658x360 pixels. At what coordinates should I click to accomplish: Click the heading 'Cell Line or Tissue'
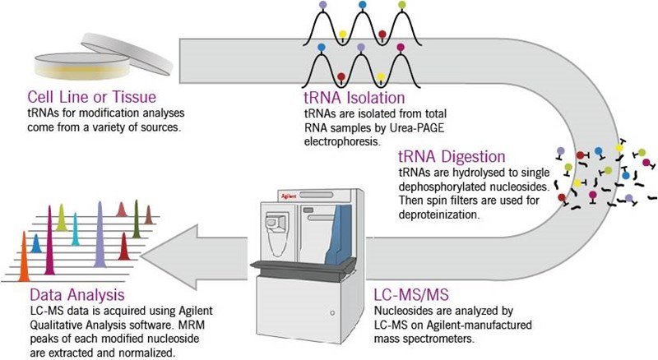[91, 97]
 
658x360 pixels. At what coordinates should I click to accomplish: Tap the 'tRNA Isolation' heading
[354, 98]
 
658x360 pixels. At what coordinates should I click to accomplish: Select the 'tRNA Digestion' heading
[452, 156]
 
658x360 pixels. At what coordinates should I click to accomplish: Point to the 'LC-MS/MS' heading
[411, 294]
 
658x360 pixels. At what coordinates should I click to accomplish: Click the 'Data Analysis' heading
[77, 294]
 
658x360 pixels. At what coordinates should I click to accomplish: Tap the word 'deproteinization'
[438, 214]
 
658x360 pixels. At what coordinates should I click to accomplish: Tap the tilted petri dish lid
[127, 53]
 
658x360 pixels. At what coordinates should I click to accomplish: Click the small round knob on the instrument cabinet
[332, 313]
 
